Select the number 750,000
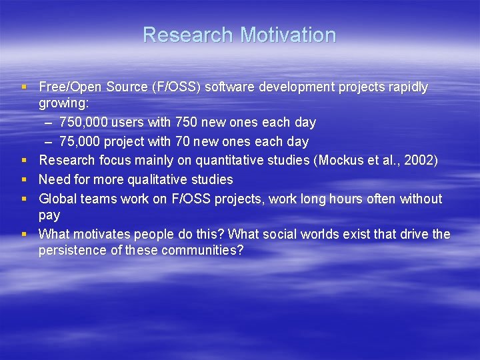83,123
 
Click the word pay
49,215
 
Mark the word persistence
72,251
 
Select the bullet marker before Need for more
24,180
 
